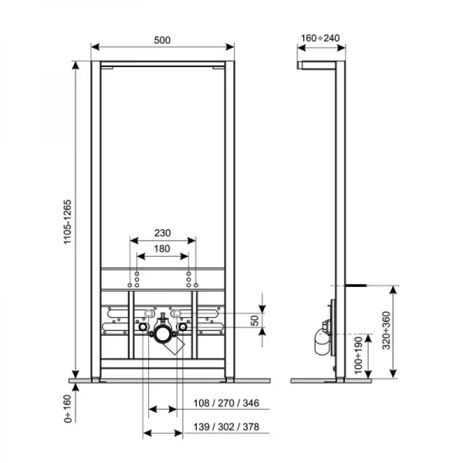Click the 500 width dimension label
(x=162, y=40)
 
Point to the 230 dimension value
(x=162, y=231)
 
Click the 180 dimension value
(x=162, y=248)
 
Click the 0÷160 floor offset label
(x=67, y=407)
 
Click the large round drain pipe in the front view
(x=162, y=333)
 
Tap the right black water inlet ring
(x=182, y=328)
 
